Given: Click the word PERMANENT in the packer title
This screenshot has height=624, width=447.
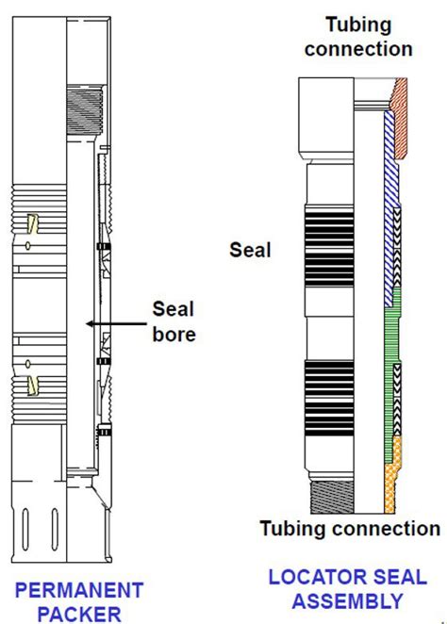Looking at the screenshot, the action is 79,590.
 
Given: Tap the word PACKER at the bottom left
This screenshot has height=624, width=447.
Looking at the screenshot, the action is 79,614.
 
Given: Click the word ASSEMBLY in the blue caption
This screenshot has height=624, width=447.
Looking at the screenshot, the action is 347,601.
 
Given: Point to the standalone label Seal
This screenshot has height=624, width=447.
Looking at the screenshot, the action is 250,250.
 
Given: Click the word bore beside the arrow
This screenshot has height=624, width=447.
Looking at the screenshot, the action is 174,335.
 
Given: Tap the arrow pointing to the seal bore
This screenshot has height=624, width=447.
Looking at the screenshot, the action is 116,323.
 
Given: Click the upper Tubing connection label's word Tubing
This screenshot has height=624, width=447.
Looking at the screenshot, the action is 358,25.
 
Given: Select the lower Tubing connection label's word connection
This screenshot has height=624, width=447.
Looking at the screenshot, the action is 387,529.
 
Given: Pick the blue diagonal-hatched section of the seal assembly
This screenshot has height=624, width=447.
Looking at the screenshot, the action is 390,207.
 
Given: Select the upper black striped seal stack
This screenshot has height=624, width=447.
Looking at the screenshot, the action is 329,247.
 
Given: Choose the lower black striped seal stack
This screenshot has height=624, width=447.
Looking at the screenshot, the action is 329,398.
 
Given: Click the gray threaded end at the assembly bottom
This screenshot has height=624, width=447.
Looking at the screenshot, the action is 332,497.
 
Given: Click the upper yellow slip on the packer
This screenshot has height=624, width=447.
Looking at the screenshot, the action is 32,224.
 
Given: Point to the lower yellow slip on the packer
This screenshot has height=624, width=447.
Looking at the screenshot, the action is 32,386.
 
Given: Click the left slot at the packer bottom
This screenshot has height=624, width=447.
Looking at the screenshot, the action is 25,530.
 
